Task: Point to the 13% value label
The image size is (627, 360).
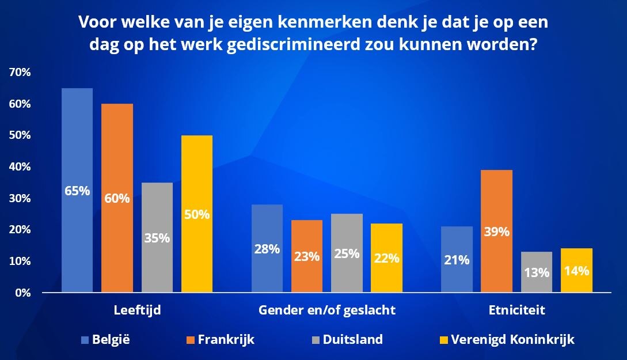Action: click(537, 272)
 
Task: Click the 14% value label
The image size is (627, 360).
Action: click(576, 270)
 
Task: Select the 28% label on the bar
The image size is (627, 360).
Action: click(267, 249)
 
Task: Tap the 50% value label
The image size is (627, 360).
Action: click(197, 214)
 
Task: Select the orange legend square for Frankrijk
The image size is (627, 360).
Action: click(189, 340)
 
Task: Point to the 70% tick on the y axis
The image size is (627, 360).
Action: click(20, 73)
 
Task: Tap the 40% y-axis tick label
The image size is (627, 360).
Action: click(20, 167)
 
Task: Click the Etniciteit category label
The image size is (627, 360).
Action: click(516, 310)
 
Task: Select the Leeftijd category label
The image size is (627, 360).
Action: click(137, 310)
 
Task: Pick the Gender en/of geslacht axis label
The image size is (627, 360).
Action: click(327, 310)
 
